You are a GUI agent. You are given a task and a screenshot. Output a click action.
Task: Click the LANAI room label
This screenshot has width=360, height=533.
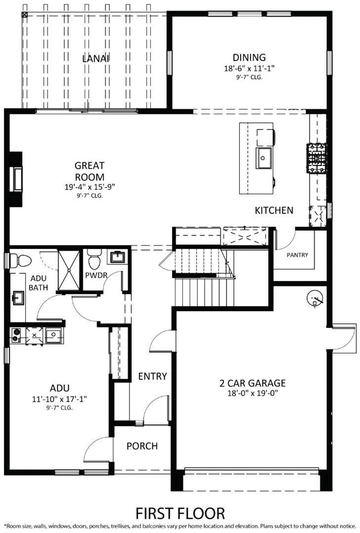(96, 59)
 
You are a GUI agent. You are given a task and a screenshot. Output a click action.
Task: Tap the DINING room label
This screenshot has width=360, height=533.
(249, 57)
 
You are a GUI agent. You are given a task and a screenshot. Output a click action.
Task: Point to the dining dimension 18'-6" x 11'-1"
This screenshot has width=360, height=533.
(249, 69)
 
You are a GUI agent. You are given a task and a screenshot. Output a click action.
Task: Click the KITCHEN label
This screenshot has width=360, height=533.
(274, 210)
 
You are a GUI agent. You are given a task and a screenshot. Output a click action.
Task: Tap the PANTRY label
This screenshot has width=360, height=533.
(297, 255)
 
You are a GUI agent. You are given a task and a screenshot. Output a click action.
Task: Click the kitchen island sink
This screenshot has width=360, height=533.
(264, 158)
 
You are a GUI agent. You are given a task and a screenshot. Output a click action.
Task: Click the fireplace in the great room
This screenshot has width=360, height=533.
(16, 179)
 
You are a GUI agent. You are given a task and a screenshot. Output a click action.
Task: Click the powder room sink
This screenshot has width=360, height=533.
(118, 257)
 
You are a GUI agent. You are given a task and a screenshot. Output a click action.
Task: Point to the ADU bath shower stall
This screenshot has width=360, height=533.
(69, 271)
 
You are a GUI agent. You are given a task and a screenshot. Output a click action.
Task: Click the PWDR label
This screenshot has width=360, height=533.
(96, 275)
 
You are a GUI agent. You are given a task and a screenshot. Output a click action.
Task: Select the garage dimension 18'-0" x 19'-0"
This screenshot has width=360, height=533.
(253, 393)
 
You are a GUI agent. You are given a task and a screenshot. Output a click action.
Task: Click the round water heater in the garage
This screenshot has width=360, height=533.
(315, 299)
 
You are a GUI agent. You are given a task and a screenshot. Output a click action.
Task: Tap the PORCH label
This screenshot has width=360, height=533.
(142, 446)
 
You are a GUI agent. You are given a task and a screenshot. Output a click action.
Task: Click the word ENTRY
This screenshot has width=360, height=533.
(152, 376)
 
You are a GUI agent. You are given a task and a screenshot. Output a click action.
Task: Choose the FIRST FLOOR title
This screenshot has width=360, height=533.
(180, 513)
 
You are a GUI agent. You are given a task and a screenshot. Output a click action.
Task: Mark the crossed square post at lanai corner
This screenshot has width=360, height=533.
(25, 15)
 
